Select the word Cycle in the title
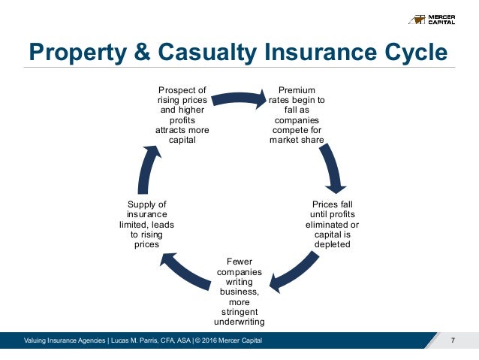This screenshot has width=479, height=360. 412,53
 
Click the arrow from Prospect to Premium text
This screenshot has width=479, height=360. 238,97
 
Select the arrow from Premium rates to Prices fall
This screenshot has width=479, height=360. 333,167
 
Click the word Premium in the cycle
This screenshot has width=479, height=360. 296,91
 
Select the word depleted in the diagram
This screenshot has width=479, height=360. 332,244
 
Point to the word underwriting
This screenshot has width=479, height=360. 239,321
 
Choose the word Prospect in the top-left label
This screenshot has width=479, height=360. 181,91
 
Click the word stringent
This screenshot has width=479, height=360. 239,311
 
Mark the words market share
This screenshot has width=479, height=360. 297,140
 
